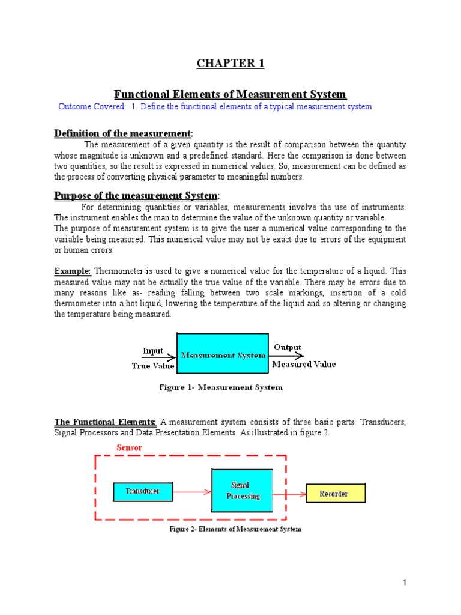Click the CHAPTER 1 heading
(x=230, y=64)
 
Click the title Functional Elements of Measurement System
(x=230, y=94)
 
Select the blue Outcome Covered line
(x=216, y=106)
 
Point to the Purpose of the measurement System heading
(x=137, y=196)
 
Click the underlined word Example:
(x=73, y=271)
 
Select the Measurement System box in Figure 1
(x=223, y=355)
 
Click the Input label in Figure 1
(x=153, y=351)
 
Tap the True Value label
(x=153, y=365)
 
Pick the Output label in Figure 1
(x=288, y=347)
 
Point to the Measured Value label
(x=304, y=364)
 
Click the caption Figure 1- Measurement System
(x=221, y=387)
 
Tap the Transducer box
(x=143, y=491)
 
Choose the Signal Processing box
(x=243, y=491)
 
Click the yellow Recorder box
(x=335, y=494)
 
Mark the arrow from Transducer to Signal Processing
(x=191, y=492)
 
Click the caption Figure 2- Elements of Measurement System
(x=235, y=529)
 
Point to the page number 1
(x=405, y=583)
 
